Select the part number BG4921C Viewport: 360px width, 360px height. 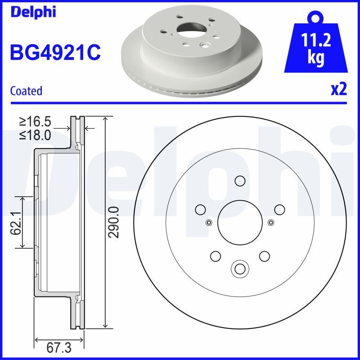55,53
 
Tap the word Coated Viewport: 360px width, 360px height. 26,91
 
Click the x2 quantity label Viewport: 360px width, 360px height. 339,90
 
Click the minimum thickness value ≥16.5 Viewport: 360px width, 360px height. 35,121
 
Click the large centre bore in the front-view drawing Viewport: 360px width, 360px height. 239,222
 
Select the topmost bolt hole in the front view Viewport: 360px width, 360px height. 239,181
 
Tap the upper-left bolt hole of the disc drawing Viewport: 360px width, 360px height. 200,209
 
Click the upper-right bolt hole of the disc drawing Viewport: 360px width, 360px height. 279,209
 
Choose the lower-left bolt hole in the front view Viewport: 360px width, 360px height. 215,256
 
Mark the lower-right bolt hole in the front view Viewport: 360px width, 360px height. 264,256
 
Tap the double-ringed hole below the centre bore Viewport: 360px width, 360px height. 239,269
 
